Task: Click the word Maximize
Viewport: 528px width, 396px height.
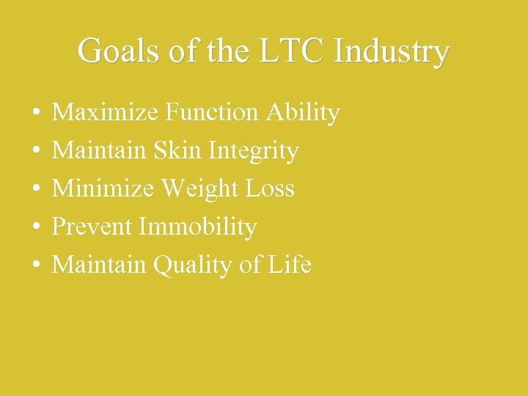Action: point(106,113)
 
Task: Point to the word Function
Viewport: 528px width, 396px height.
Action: point(212,113)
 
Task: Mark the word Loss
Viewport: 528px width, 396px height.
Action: point(270,189)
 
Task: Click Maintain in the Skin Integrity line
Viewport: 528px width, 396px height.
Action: point(100,151)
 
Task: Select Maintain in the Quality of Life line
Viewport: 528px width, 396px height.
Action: point(100,265)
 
